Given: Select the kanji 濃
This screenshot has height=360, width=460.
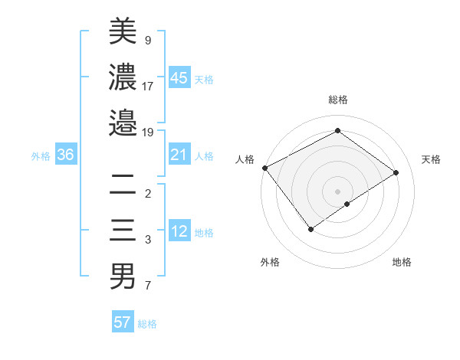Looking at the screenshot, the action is [123, 77].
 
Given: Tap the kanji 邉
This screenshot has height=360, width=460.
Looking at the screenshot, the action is [123, 123].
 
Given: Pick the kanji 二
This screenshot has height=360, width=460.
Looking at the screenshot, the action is [123, 184].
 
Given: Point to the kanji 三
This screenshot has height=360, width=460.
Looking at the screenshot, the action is [123, 230].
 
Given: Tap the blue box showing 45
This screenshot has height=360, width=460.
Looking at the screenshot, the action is [179, 78].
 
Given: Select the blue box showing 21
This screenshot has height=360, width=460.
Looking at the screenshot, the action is [179, 155].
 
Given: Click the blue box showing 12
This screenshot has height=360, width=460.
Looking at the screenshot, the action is [179, 232].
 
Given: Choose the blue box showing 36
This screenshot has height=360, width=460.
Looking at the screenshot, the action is [66, 155].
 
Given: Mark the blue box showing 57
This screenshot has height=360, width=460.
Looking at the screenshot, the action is [123, 322].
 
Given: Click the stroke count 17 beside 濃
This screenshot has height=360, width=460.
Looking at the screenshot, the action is [148, 85].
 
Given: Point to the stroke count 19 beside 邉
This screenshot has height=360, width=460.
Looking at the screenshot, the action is [148, 132].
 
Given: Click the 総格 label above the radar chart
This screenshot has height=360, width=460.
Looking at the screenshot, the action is [337, 100].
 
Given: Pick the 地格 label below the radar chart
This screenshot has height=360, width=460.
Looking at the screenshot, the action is [402, 262].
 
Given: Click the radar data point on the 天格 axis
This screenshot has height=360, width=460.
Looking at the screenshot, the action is [396, 172].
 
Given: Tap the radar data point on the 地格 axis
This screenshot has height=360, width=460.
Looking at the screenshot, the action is [347, 204].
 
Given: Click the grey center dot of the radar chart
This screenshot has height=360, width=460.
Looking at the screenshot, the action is [337, 190].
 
